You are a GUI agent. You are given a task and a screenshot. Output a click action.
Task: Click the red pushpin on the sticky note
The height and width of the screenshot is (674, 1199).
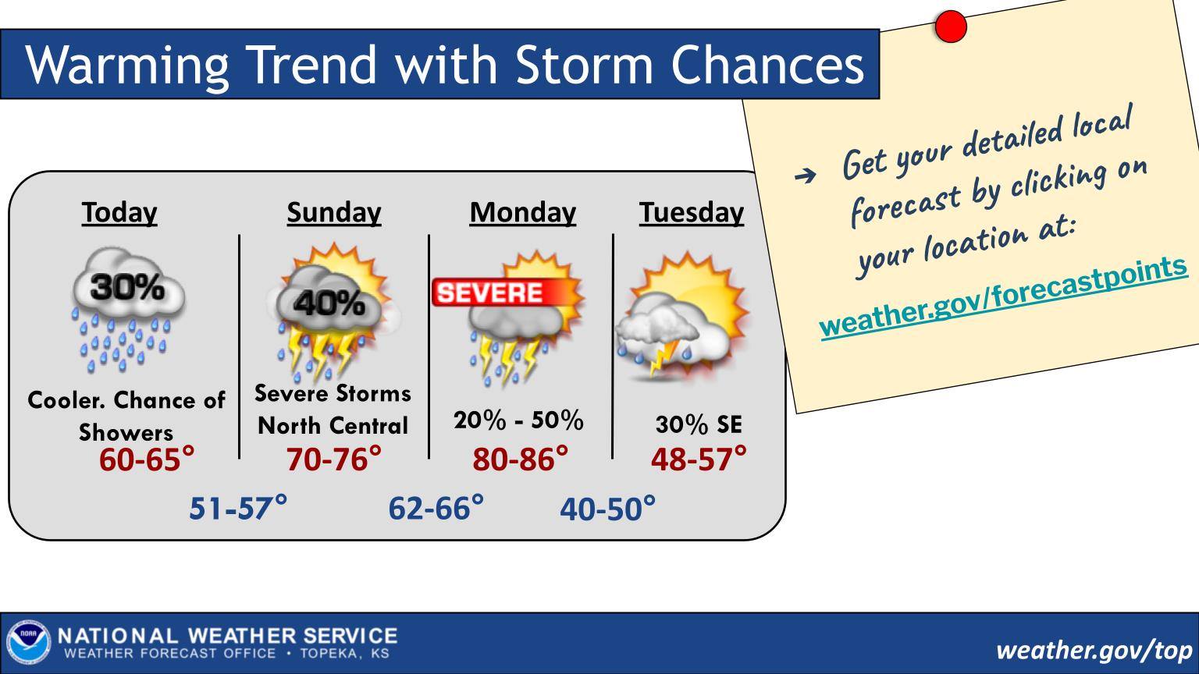click(952, 27)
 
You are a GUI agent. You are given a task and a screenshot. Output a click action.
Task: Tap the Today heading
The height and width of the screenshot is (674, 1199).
click(119, 213)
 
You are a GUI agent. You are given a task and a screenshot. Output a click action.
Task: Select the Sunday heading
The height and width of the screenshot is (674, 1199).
click(334, 213)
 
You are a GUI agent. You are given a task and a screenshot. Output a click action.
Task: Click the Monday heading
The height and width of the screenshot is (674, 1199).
click(523, 213)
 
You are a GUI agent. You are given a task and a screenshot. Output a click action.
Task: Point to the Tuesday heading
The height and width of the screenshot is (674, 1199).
click(692, 213)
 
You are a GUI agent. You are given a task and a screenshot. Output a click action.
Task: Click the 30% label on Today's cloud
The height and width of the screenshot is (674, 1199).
click(127, 287)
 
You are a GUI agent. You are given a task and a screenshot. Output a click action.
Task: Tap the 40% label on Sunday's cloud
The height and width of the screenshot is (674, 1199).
click(329, 303)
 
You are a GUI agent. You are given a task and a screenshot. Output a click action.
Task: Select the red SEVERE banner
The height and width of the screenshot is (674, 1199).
click(498, 292)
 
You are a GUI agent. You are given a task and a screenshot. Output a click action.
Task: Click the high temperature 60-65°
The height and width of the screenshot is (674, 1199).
click(147, 459)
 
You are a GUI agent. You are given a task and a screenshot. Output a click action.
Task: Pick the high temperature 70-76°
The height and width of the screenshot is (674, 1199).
click(334, 459)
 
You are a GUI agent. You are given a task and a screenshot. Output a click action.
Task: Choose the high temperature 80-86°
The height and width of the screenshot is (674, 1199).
click(521, 459)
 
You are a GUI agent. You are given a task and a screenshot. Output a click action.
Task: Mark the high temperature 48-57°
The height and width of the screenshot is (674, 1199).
click(699, 459)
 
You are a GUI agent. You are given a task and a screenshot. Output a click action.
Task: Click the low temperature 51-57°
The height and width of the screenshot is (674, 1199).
click(238, 508)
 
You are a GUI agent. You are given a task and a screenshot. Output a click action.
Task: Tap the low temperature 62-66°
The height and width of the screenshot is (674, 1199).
click(436, 508)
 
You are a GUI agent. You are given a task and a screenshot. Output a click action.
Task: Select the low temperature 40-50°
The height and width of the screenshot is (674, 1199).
click(607, 508)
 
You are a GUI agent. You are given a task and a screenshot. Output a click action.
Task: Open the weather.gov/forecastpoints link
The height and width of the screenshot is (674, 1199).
click(1004, 297)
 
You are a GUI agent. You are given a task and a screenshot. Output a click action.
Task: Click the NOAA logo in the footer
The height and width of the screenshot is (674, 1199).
click(28, 643)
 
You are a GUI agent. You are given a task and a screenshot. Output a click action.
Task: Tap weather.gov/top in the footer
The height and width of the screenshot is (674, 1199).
click(1094, 651)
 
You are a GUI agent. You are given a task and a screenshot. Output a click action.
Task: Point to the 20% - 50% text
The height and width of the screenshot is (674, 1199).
click(518, 420)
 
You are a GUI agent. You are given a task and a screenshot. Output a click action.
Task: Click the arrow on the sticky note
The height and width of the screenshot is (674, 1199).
click(805, 175)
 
